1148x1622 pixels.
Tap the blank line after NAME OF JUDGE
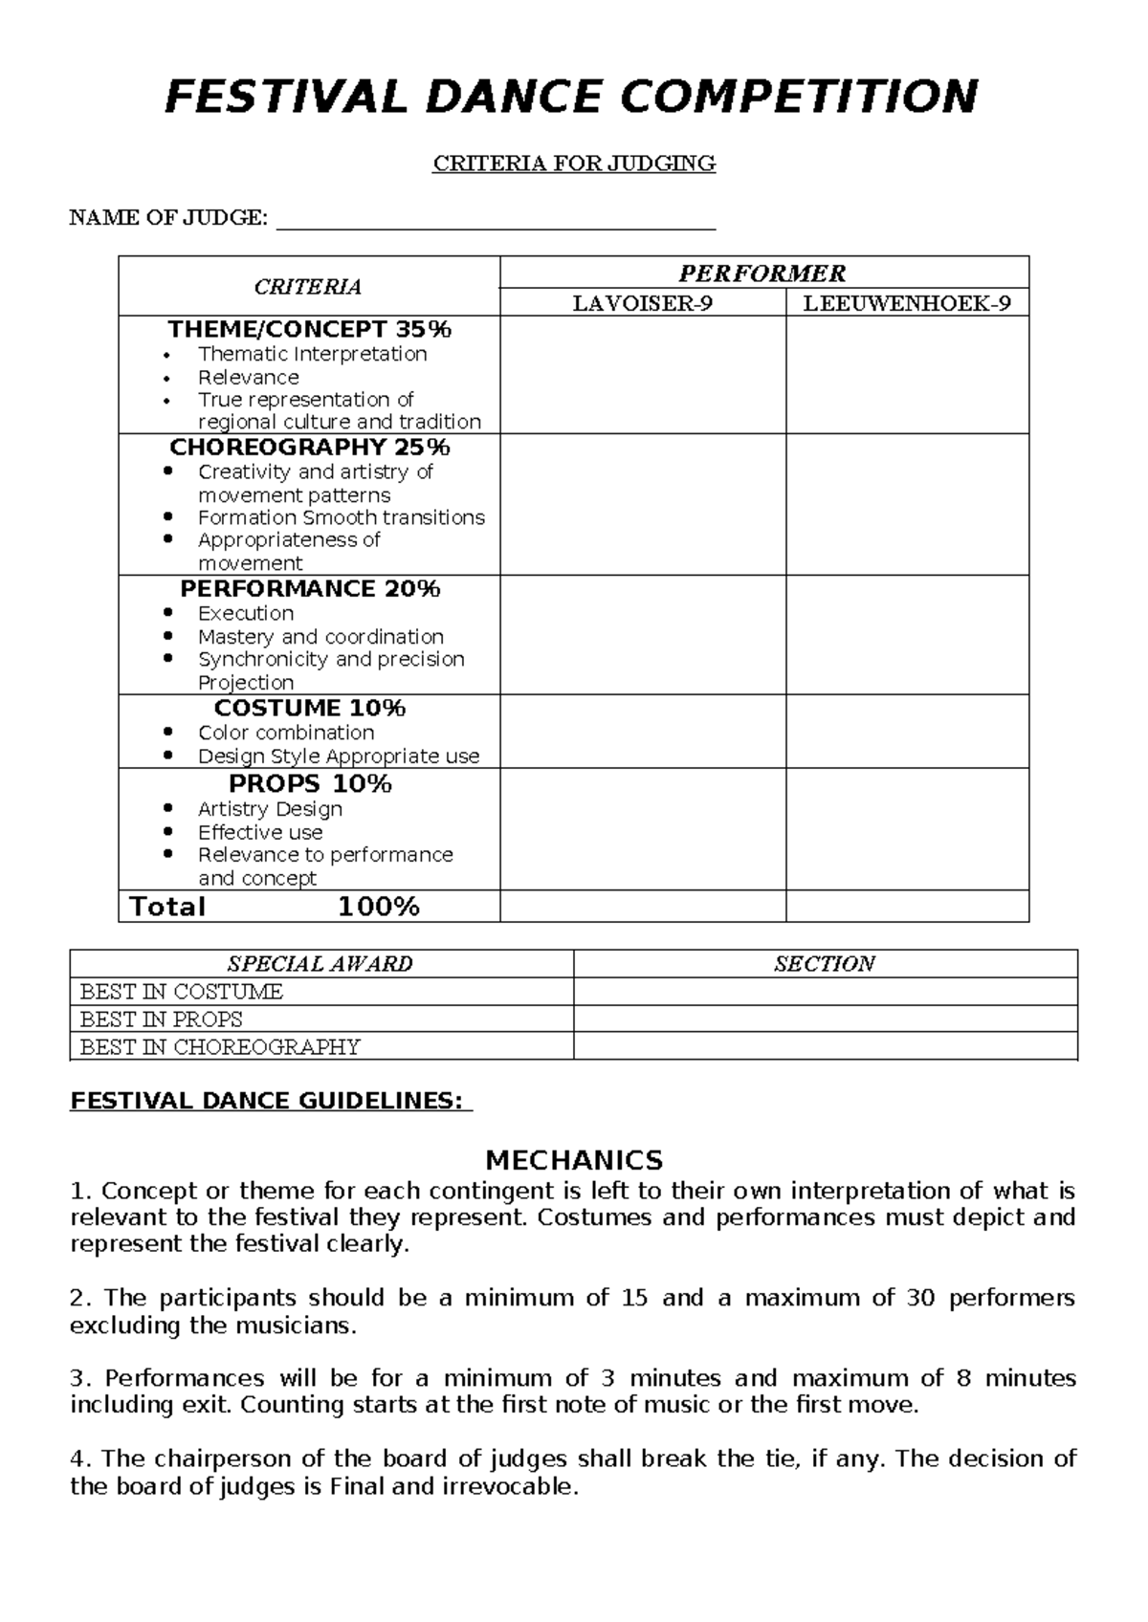496,220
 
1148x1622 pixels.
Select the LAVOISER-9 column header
642,304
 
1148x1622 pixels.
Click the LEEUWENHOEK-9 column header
906,304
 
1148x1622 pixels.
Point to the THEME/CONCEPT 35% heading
309,330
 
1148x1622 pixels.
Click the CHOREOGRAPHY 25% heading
309,448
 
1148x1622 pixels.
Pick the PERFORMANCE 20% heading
309,589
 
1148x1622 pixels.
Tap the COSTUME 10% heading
309,709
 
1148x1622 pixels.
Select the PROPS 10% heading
309,784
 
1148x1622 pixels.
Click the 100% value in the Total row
379,907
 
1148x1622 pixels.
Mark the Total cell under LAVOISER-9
642,907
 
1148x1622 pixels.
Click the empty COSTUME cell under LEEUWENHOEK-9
906,732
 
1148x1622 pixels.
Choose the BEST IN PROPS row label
161,1019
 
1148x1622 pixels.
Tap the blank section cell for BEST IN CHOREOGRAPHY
825,1047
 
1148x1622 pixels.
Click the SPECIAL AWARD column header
320,964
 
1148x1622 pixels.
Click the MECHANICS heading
574,1161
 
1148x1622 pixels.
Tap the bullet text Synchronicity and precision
331,660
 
